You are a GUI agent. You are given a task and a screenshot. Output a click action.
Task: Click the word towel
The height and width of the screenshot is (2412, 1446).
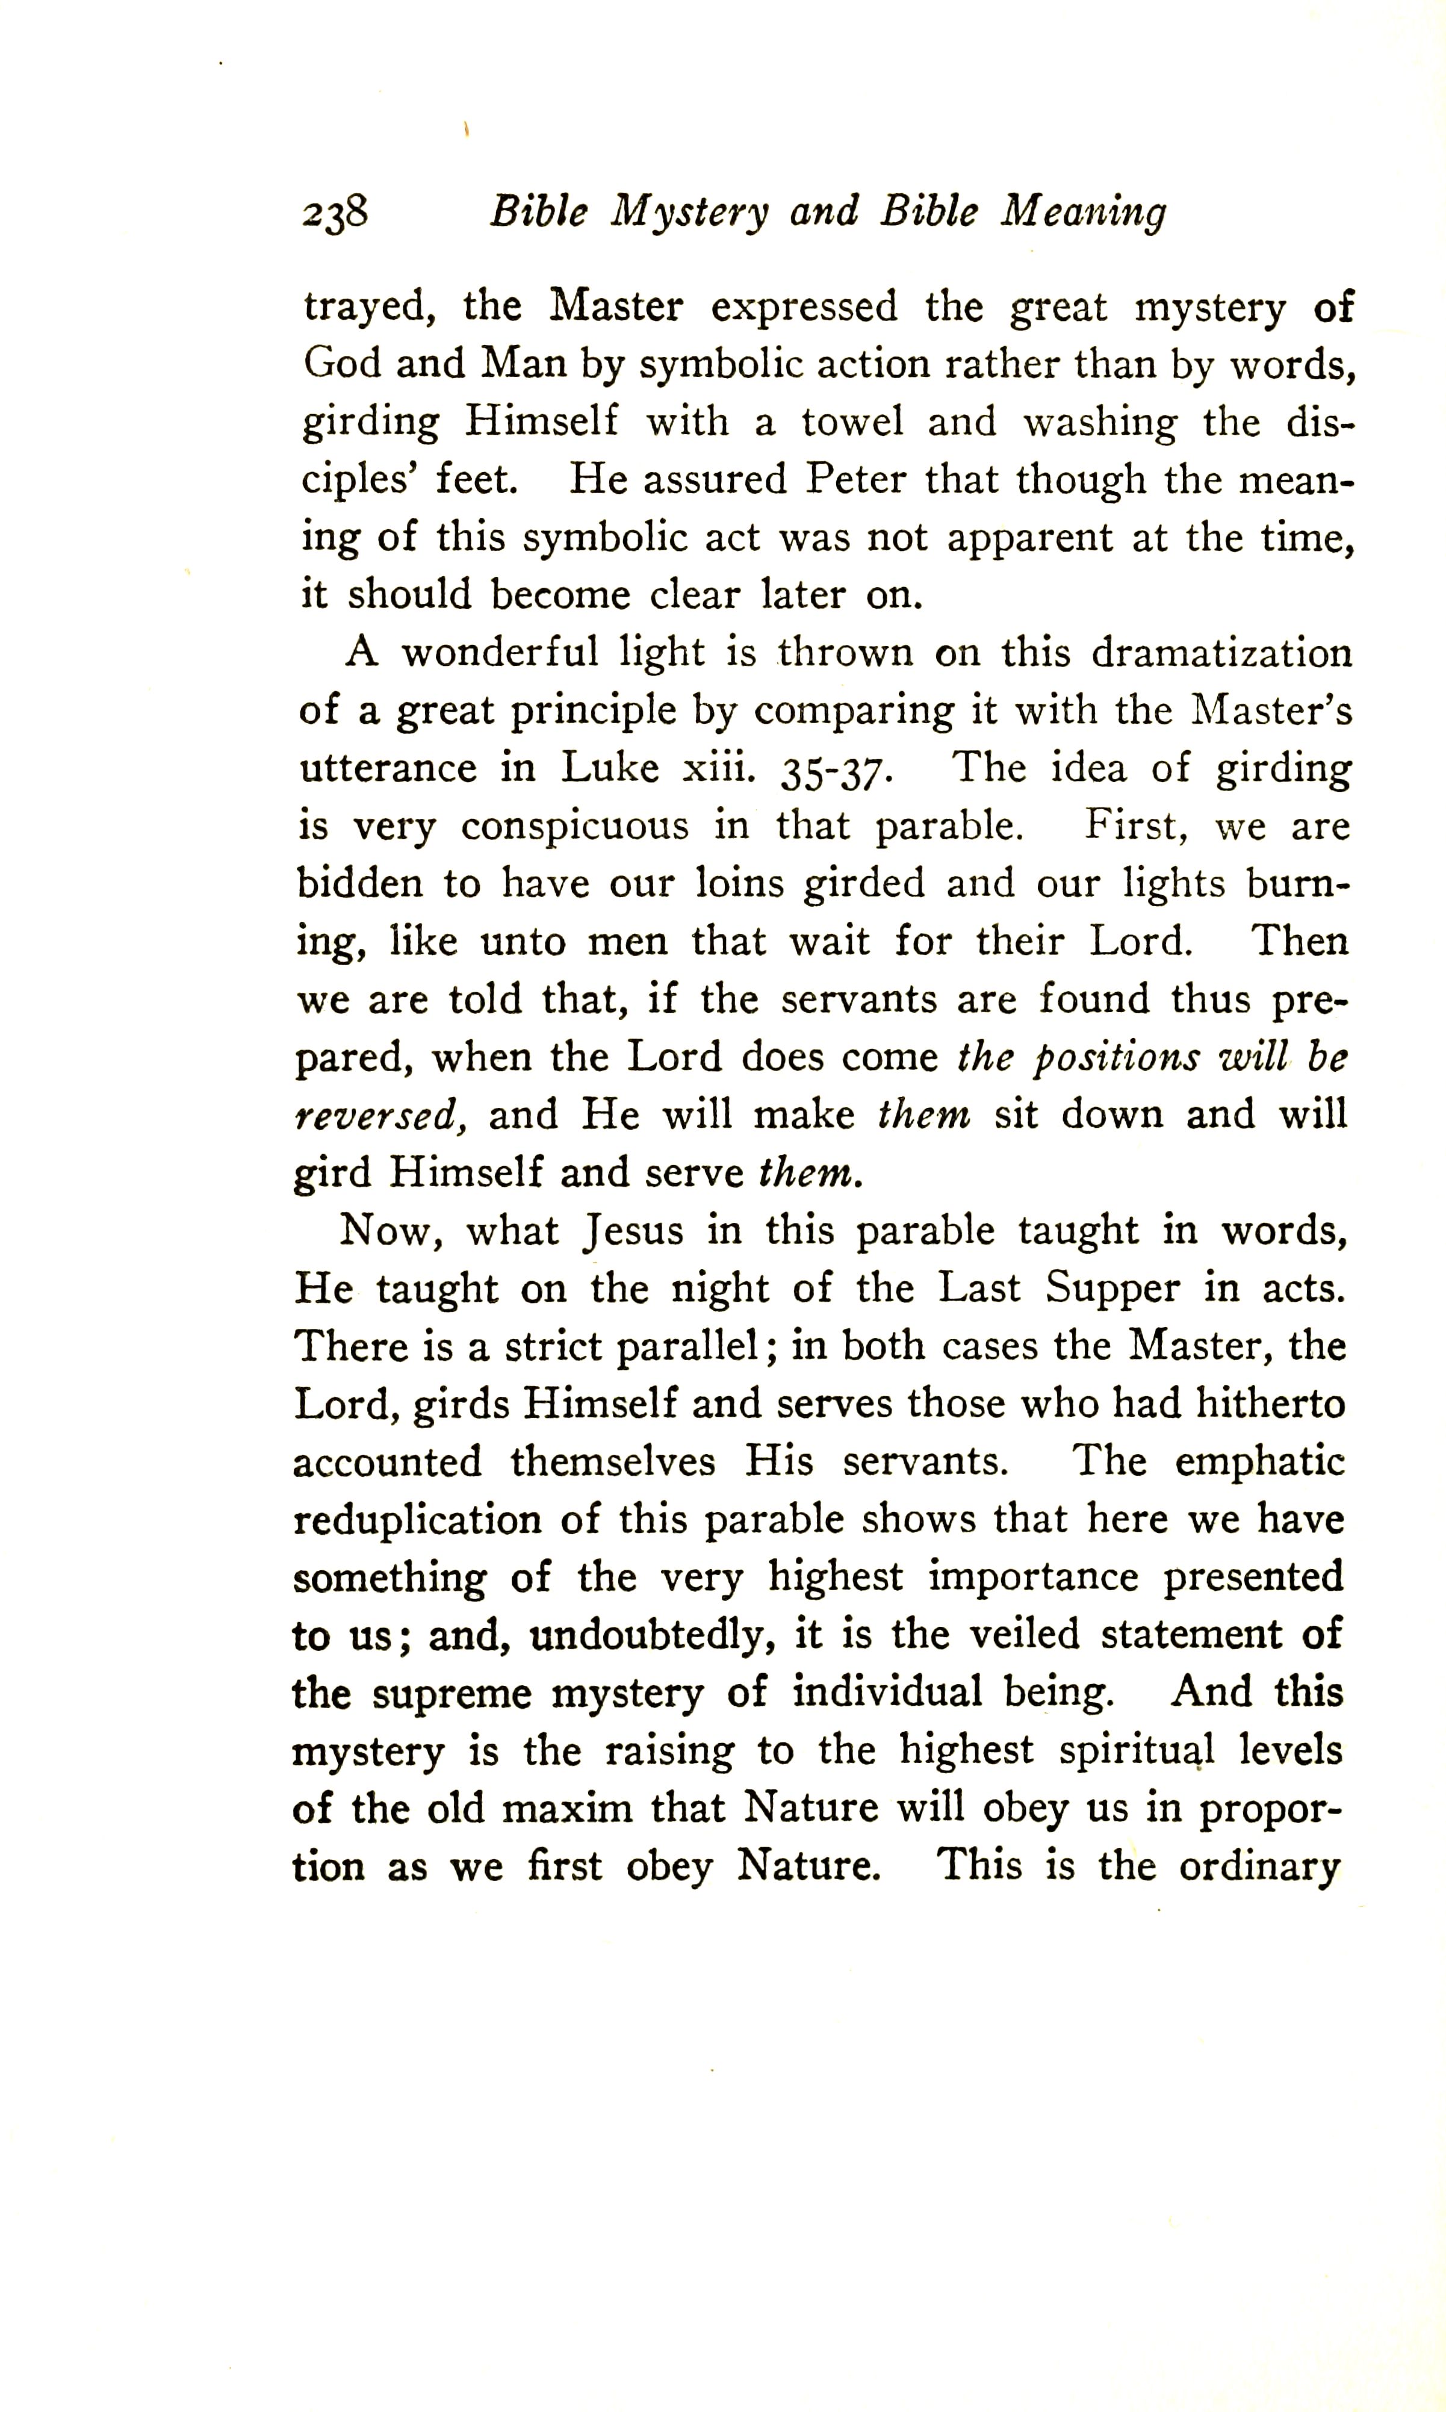tap(852, 421)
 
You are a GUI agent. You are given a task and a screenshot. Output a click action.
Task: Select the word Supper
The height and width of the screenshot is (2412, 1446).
tap(1112, 1289)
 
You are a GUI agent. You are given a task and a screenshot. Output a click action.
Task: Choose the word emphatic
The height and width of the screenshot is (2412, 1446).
tap(1259, 1462)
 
